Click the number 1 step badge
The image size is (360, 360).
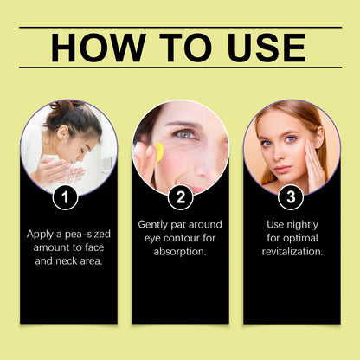pyautogui.click(x=65, y=197)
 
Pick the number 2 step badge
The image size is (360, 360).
pyautogui.click(x=179, y=197)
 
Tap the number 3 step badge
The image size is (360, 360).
pyautogui.click(x=291, y=197)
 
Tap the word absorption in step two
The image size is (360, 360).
pyautogui.click(x=179, y=252)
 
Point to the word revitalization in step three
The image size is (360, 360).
pyautogui.click(x=292, y=252)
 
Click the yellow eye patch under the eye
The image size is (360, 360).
pyautogui.click(x=158, y=151)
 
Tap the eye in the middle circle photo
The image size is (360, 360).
pyautogui.click(x=185, y=134)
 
